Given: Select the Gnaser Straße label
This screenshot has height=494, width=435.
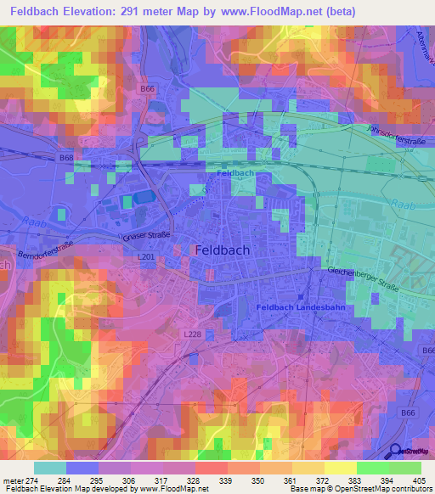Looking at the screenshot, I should coord(147,235).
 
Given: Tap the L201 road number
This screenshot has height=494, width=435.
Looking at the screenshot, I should coord(145,256).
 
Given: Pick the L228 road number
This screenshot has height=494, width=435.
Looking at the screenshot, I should coord(193,335).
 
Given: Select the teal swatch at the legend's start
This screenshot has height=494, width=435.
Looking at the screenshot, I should coord(50,468).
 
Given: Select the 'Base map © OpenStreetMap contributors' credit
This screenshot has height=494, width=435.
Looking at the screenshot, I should coord(360,489).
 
